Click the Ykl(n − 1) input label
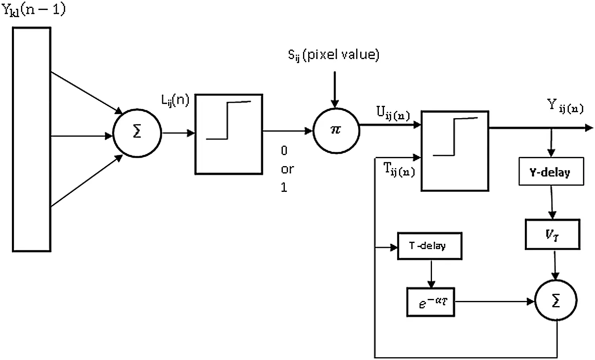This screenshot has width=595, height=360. [33, 10]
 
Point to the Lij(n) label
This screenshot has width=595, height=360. [175, 100]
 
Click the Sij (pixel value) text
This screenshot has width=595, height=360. [334, 55]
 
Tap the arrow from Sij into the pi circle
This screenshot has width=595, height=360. [335, 90]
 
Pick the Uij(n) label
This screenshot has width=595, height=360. [393, 113]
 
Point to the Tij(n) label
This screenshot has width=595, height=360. [399, 169]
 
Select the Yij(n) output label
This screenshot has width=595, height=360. [565, 106]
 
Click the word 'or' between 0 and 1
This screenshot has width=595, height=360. [288, 169]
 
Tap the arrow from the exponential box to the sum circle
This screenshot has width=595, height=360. [495, 302]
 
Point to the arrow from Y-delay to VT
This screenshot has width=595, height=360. [552, 202]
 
